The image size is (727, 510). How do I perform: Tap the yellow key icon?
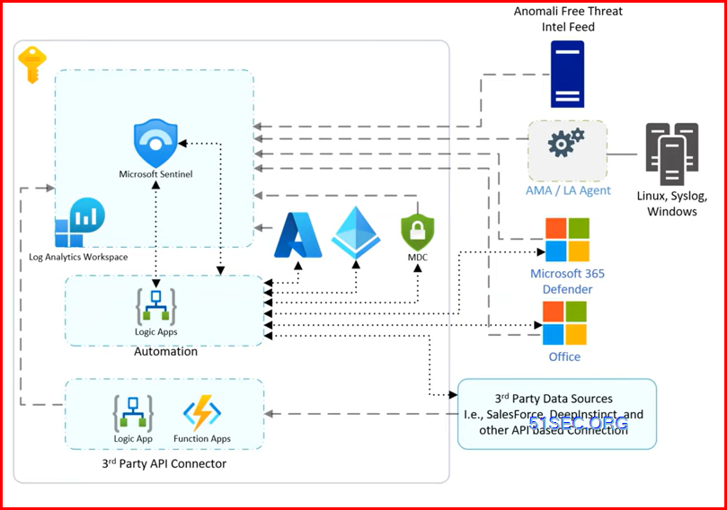tap(31, 65)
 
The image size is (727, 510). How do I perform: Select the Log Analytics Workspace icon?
tap(80, 223)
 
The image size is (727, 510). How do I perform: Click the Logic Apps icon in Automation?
tap(155, 305)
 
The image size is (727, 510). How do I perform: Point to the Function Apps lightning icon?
tap(201, 414)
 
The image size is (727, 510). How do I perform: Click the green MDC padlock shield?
tap(417, 231)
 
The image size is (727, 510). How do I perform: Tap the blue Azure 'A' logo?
tap(298, 235)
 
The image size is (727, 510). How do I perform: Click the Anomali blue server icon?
tap(568, 75)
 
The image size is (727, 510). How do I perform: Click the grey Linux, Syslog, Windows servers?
tap(671, 154)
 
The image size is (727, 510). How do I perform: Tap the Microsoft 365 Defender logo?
tap(567, 240)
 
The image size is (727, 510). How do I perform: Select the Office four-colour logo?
tap(564, 323)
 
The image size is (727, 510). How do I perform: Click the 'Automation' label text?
tap(165, 352)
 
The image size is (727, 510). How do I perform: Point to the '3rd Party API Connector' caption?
tap(164, 463)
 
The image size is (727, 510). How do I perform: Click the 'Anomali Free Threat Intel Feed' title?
tap(568, 19)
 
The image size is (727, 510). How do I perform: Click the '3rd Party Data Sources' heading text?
tap(554, 398)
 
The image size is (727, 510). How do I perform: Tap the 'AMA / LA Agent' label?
tap(568, 190)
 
